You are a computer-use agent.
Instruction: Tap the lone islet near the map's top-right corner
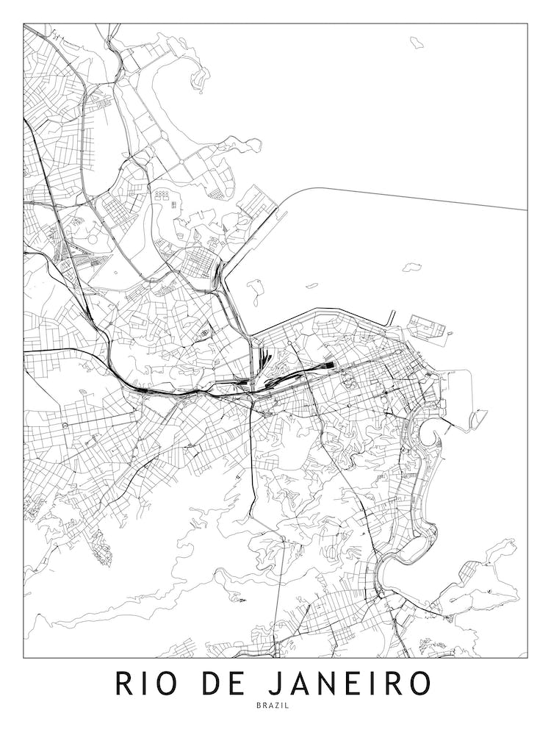(x=417, y=41)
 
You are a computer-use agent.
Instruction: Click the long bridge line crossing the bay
(x=411, y=196)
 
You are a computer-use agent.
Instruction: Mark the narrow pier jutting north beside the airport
(x=393, y=318)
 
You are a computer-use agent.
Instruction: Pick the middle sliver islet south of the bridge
(x=311, y=285)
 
